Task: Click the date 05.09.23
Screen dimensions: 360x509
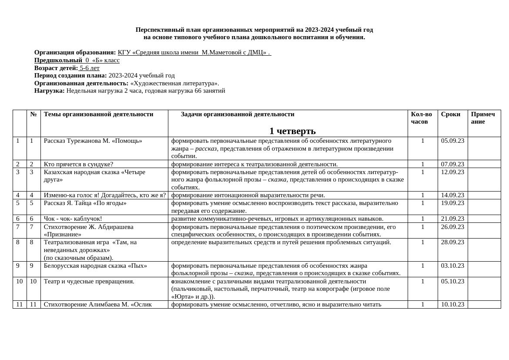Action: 452,141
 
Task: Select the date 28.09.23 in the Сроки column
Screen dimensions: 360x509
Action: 452,242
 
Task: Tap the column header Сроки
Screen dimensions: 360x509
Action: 450,114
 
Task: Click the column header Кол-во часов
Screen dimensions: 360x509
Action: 421,118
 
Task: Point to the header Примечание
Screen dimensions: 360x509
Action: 482,118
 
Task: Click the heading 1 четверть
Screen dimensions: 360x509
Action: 292,131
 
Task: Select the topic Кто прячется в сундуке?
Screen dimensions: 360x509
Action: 78,164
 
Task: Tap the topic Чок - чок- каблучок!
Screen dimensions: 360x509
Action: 73,219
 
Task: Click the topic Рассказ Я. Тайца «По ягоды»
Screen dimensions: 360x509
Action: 85,203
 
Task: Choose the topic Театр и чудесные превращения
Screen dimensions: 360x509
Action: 89,281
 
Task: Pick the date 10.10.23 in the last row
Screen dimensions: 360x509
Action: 452,305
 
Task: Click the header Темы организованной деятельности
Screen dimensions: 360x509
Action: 98,114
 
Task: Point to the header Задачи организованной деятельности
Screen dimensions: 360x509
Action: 238,114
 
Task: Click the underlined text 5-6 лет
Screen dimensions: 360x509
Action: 89,68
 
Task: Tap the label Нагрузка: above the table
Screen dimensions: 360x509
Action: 50,91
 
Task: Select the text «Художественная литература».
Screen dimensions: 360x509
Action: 174,83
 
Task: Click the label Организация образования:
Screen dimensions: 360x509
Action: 75,53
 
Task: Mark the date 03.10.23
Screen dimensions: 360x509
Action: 452,266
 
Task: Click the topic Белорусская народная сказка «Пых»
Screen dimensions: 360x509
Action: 95,266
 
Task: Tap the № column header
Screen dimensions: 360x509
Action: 33,114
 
